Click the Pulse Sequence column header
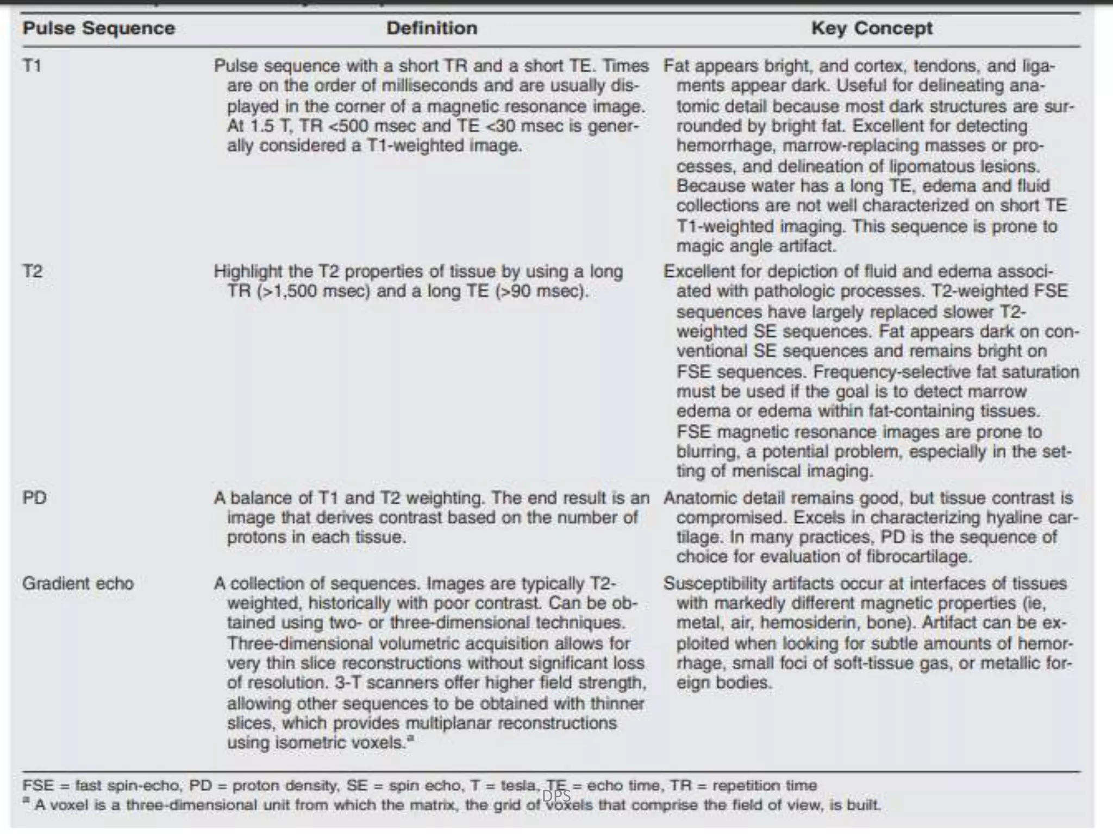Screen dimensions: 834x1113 [98, 28]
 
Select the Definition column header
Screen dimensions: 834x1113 [432, 28]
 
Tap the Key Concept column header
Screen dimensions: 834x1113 [872, 28]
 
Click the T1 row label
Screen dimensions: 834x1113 [32, 66]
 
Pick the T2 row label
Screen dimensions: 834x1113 [33, 271]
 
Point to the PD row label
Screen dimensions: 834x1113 [34, 497]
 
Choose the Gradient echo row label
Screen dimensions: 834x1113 [78, 583]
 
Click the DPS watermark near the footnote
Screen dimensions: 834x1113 [556, 795]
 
